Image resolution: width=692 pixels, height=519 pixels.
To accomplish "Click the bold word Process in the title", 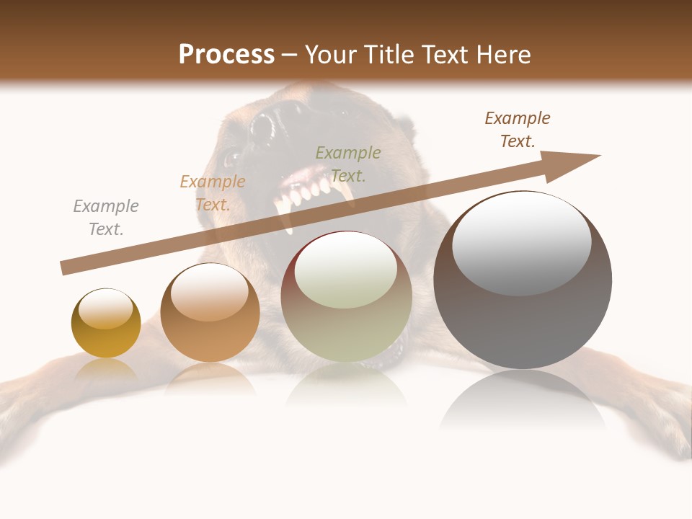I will point(226,55).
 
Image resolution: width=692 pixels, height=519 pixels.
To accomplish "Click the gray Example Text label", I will point(106,218).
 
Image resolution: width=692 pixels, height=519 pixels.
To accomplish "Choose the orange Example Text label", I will point(213,193).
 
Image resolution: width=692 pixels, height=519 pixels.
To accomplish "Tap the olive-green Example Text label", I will point(348,164).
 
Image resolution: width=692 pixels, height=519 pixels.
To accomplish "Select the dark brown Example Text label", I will point(518,130).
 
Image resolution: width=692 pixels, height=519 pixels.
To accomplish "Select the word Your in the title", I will point(329,55).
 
